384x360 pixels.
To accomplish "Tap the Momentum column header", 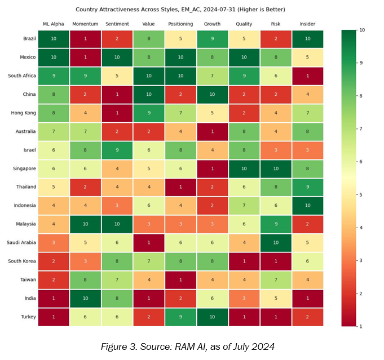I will point(86,24).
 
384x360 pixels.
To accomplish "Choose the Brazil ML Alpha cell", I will point(54,39).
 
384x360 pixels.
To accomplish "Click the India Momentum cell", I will point(86,298).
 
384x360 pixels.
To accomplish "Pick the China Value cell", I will point(148,95).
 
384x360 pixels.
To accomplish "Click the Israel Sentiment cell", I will point(117,150).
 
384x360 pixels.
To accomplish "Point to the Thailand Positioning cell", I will point(180,187).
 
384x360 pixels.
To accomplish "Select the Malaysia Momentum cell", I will point(86,224).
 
